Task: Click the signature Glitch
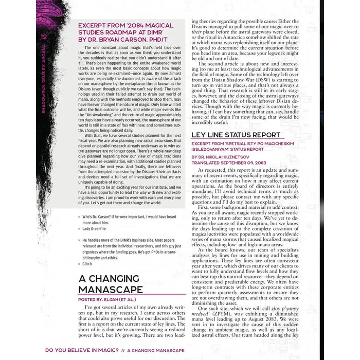tap(87, 264)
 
